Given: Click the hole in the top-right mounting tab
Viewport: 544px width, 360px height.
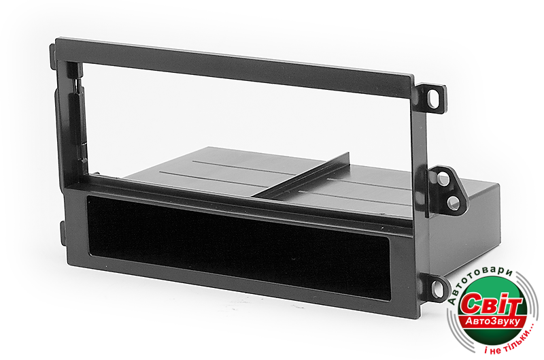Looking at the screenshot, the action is pyautogui.click(x=432, y=99).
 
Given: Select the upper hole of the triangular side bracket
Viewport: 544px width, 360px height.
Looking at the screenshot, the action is pyautogui.click(x=443, y=179).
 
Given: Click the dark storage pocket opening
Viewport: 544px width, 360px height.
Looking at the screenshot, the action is pyautogui.click(x=239, y=248).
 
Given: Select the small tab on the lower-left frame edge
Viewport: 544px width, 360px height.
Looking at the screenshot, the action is pyautogui.click(x=63, y=233).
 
